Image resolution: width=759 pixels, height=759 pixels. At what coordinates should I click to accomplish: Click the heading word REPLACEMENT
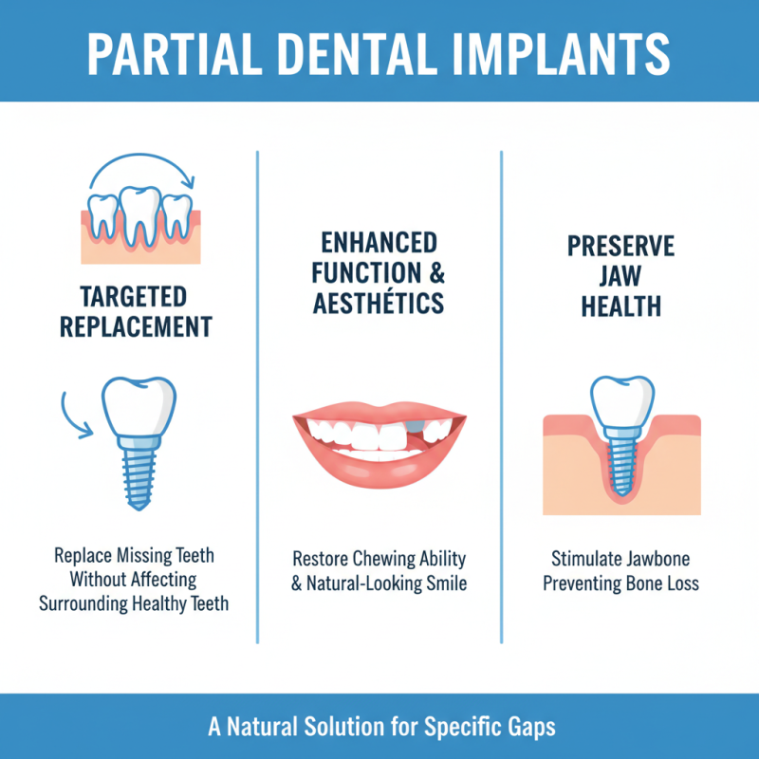[x=135, y=326]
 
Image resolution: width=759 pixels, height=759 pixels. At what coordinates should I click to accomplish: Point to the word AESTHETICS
[x=379, y=304]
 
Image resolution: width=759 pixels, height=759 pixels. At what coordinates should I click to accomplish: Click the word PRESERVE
[x=620, y=247]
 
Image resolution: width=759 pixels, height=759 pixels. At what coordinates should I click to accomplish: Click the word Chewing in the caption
[x=398, y=557]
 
